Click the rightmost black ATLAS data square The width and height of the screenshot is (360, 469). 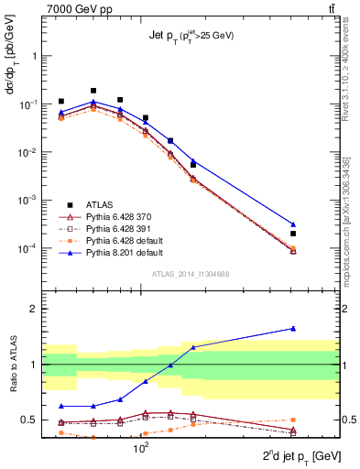click(293, 234)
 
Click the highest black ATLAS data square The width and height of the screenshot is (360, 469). click(94, 91)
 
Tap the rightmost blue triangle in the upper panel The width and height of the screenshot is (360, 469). click(293, 224)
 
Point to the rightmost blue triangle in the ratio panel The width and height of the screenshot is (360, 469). click(293, 328)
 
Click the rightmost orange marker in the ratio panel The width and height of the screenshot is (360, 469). click(293, 420)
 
